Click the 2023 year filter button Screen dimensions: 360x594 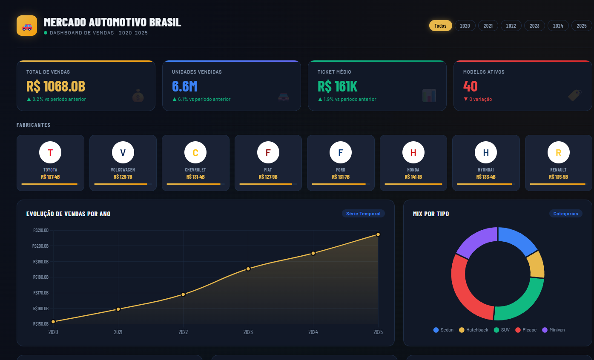pos(534,26)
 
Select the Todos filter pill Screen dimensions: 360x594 pos(440,26)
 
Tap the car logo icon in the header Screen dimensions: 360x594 pos(27,26)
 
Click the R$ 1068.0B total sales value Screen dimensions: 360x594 pos(56,86)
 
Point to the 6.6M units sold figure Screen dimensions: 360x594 pos(184,86)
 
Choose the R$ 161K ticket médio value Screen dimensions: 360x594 pos(337,86)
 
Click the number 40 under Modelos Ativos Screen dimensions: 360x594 pos(470,86)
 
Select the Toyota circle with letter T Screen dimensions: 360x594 pos(50,153)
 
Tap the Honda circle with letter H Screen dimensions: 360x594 pos(413,153)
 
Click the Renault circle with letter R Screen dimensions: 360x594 pos(558,153)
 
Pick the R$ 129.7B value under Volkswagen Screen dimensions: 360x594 pos(123,177)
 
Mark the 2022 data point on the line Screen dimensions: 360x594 pos(183,294)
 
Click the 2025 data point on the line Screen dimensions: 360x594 pos(378,234)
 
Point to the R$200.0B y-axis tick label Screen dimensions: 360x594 pos(41,246)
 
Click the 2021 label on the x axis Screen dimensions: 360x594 pos(118,332)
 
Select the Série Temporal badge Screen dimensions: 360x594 pos(363,214)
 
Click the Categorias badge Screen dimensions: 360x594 pos(565,214)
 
